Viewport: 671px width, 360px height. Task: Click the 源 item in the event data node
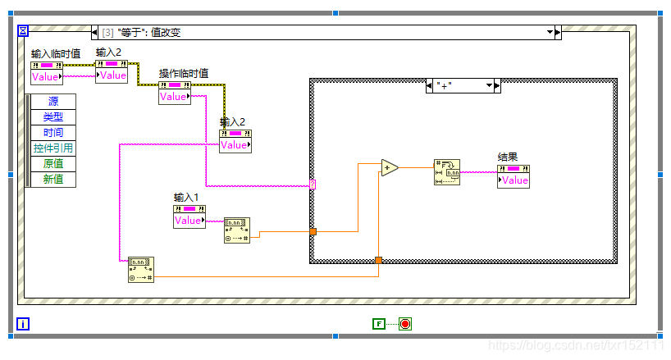pos(53,102)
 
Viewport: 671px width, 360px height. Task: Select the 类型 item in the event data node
pos(53,117)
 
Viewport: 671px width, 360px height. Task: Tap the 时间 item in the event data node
pos(53,133)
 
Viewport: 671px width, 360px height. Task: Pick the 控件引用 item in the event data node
pos(53,148)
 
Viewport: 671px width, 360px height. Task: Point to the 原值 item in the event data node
pos(53,164)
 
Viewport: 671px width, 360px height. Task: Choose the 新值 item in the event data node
pos(53,180)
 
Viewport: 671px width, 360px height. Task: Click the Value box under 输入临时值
pos(46,77)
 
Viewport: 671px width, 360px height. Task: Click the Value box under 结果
pos(514,180)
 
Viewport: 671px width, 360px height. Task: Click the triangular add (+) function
pos(389,168)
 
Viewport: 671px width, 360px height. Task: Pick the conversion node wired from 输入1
pos(236,230)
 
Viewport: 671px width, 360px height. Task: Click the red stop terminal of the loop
pos(405,324)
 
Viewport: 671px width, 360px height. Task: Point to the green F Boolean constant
pos(377,324)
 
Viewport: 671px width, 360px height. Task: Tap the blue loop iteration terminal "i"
pos(23,324)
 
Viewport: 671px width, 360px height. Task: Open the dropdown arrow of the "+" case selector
pos(490,85)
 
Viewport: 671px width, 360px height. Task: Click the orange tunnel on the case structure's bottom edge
pos(378,261)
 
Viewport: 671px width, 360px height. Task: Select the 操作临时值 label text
pos(184,73)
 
